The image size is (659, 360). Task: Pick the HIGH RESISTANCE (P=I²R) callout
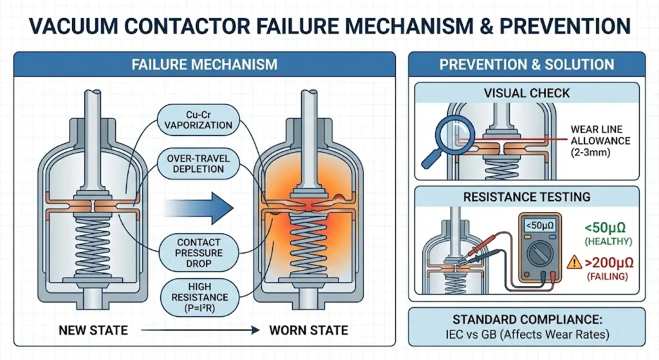199,297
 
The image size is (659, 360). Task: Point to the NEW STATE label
93,330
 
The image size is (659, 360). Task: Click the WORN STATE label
308,330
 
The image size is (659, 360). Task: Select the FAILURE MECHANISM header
204,64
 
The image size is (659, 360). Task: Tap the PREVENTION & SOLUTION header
526,64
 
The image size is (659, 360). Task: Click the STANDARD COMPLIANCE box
526,327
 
